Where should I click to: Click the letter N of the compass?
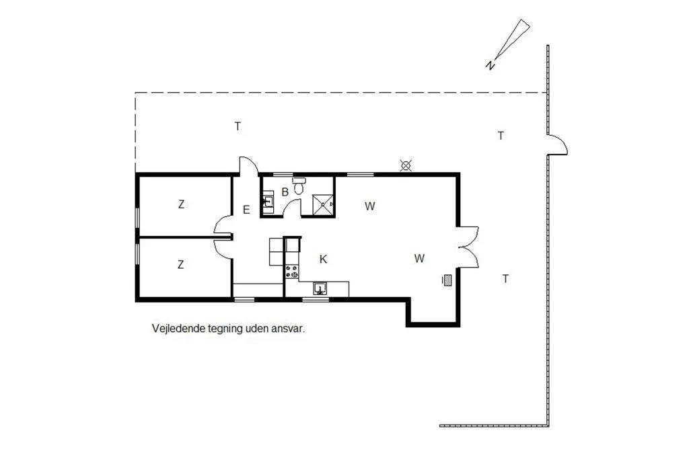491,65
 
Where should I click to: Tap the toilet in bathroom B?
299,185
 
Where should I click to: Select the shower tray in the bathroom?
324,204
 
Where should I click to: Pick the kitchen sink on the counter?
320,288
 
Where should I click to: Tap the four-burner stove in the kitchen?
292,272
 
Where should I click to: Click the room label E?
246,210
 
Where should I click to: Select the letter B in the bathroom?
285,192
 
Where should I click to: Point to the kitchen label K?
324,259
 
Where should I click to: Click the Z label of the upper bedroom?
181,204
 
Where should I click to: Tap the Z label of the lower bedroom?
180,265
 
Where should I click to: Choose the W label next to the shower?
370,206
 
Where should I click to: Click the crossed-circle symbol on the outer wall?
406,166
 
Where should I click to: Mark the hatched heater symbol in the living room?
447,280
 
